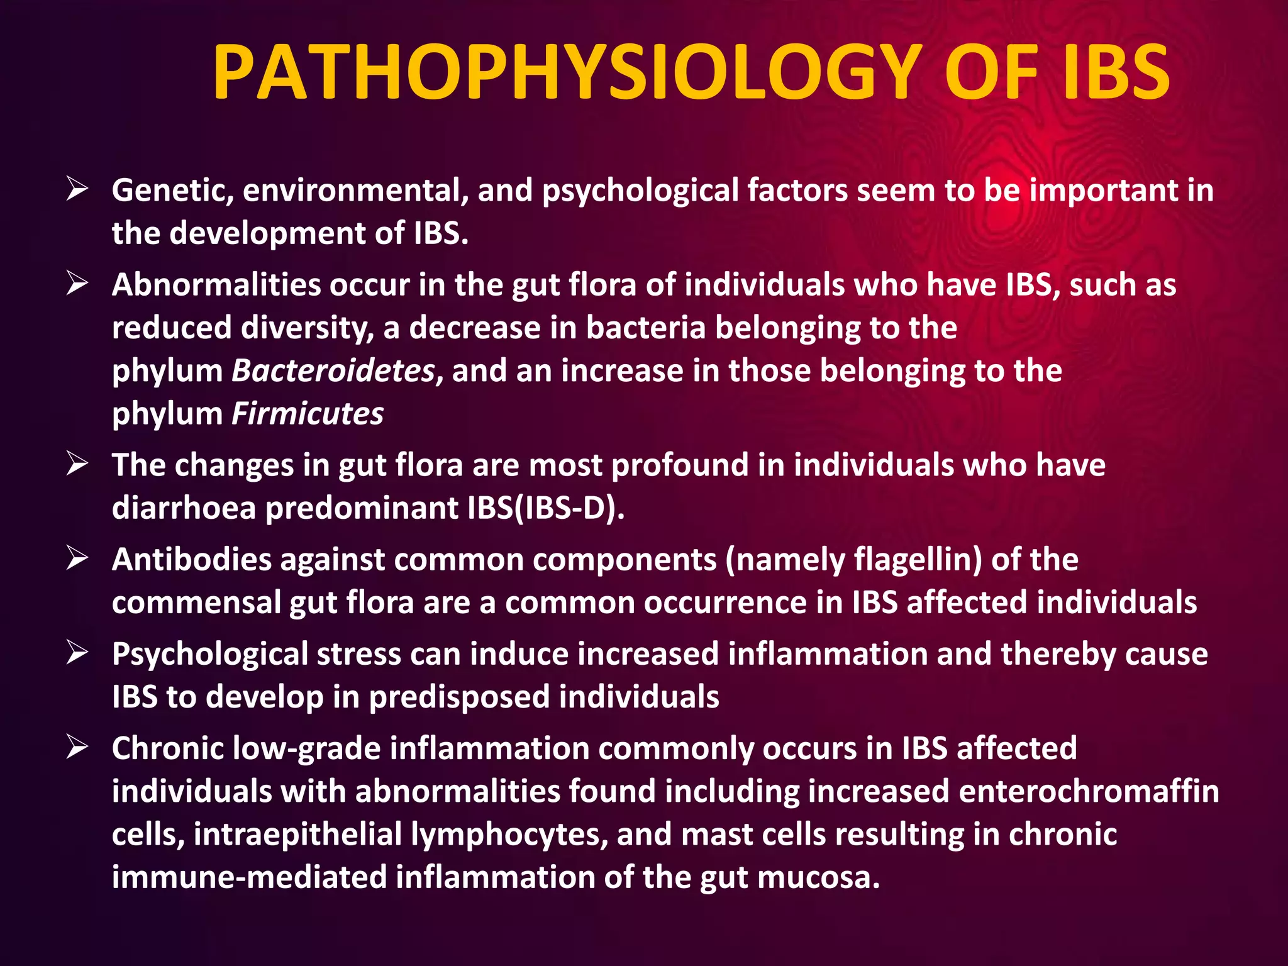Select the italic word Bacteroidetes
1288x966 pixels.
pyautogui.click(x=333, y=370)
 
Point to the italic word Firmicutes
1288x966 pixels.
pyautogui.click(x=308, y=414)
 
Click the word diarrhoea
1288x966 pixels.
pyautogui.click(x=184, y=508)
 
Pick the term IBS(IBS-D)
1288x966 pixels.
pyautogui.click(x=545, y=508)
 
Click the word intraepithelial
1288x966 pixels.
pyautogui.click(x=297, y=835)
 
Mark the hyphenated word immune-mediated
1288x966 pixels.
pyautogui.click(x=249, y=877)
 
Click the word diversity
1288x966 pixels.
pyautogui.click(x=307, y=328)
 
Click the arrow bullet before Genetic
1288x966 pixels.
pyautogui.click(x=77, y=189)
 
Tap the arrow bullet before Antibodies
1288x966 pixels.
pyautogui.click(x=77, y=558)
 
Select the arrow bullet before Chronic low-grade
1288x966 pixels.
pyautogui.click(x=77, y=747)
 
